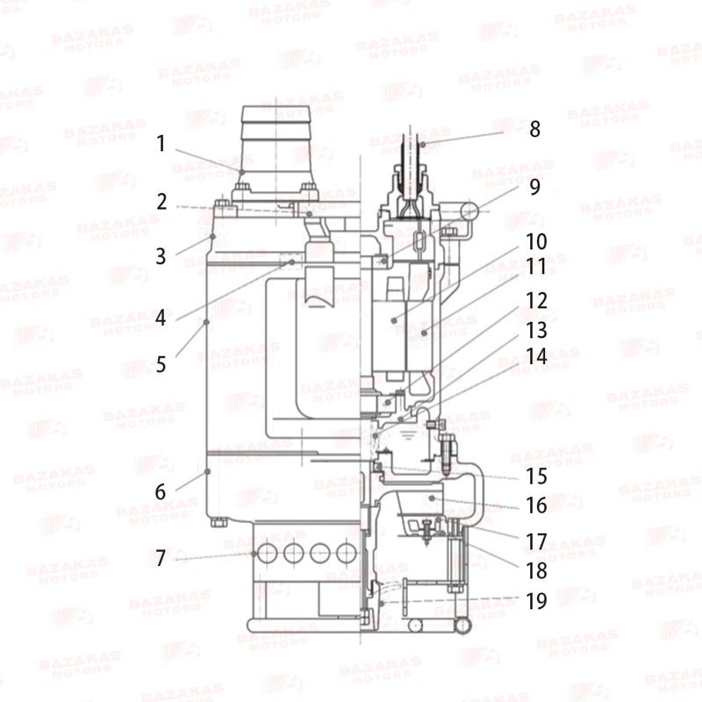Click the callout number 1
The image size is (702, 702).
[161, 144]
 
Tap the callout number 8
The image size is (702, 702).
[534, 129]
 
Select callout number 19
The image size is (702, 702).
[536, 601]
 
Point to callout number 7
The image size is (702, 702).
[161, 558]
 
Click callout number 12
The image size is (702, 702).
[536, 300]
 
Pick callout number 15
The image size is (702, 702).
[536, 476]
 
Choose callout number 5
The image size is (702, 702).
[161, 364]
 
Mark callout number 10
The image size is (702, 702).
[536, 242]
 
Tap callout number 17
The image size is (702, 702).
[536, 541]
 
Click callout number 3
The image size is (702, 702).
[161, 256]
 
